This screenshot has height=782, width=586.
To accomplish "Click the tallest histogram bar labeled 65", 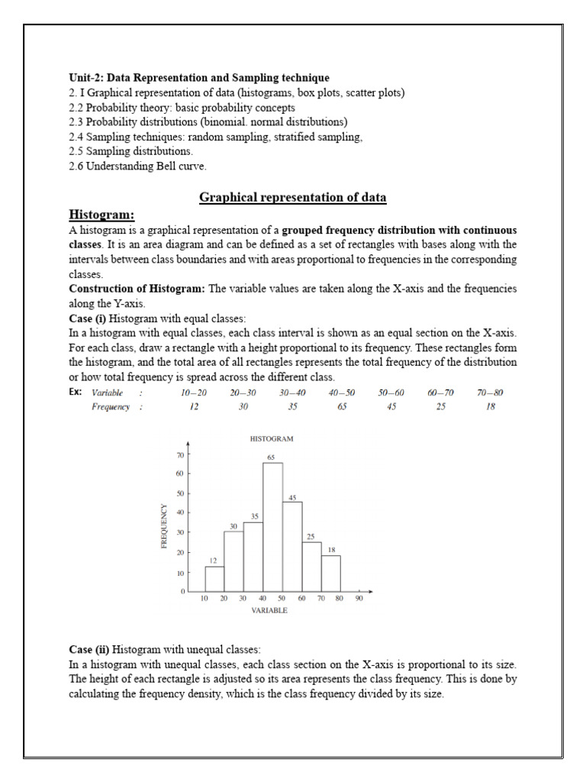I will pos(272,527).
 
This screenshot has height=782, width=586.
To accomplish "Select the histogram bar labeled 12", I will pos(214,579).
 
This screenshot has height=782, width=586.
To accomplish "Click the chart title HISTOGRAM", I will pos(272,439).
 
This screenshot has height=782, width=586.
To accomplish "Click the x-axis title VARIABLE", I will pos(269,611).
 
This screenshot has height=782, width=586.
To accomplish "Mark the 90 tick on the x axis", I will pos(359,599).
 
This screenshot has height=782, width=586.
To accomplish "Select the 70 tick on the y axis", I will pos(181,454).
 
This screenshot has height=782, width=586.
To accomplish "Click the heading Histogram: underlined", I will pos(101,215).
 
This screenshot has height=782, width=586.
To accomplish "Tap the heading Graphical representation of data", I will pos(293,198).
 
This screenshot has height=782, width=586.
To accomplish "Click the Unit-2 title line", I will pos(199,78).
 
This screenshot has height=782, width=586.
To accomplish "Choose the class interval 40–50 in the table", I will pos(342,393).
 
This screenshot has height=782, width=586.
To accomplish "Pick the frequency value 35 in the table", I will pos(292,407).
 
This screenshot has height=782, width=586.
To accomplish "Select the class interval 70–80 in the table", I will pos(490,393).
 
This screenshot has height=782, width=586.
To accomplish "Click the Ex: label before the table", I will pos(76,393).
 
